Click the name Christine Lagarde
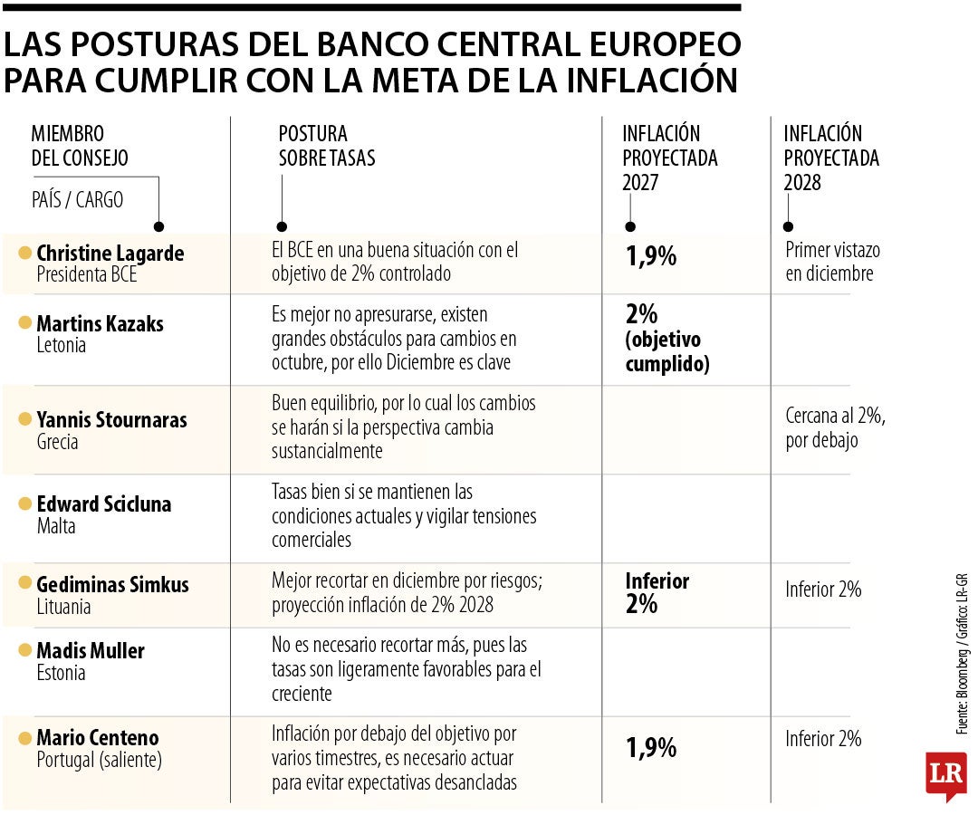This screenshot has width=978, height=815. coord(110,254)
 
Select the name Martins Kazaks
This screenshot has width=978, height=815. coord(100,323)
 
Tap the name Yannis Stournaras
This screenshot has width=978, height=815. coord(111,420)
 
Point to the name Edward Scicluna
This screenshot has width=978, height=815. coord(103,504)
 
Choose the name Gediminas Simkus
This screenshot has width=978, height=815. coord(112,585)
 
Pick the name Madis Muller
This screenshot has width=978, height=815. coord(91,651)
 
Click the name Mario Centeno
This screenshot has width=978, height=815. coord(97,738)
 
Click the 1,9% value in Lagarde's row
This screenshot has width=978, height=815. coord(651,257)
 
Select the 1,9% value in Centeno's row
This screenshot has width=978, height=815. coord(651,748)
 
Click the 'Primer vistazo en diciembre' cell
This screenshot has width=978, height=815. coord(832,262)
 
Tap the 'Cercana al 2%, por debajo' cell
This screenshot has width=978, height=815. coord(835,429)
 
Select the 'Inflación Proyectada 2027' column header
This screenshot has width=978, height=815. coord(669,158)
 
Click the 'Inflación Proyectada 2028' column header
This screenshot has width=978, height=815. coord(831,158)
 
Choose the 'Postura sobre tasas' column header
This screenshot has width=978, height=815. coord(326,147)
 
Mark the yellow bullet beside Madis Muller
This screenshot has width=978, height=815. coord(24,651)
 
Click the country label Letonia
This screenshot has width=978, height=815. coord(62,345)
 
